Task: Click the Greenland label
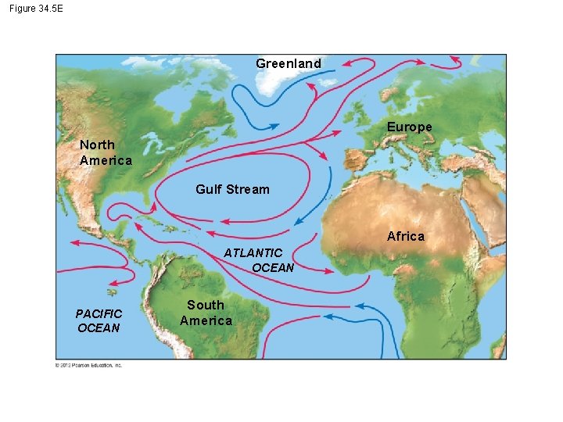pos(288,63)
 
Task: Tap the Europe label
pos(409,127)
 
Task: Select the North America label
pos(106,152)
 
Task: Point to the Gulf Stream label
pos(232,189)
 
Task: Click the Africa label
pos(405,236)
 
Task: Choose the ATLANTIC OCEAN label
pos(259,260)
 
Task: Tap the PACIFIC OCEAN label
pos(99,320)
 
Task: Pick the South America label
pos(206,313)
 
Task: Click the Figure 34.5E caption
pos(36,8)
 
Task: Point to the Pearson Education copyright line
pos(89,364)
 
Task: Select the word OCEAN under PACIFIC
pos(99,328)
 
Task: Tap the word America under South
pos(206,320)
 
